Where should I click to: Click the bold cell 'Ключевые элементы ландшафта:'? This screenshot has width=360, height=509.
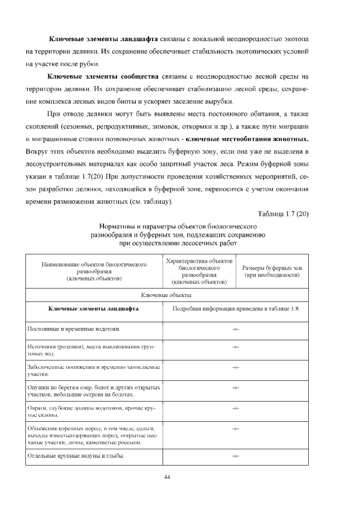click(94, 309)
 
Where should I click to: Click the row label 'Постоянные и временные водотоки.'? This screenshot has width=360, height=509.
click(74, 328)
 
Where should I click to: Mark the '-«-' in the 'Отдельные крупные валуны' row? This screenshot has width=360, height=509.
click(235, 456)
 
